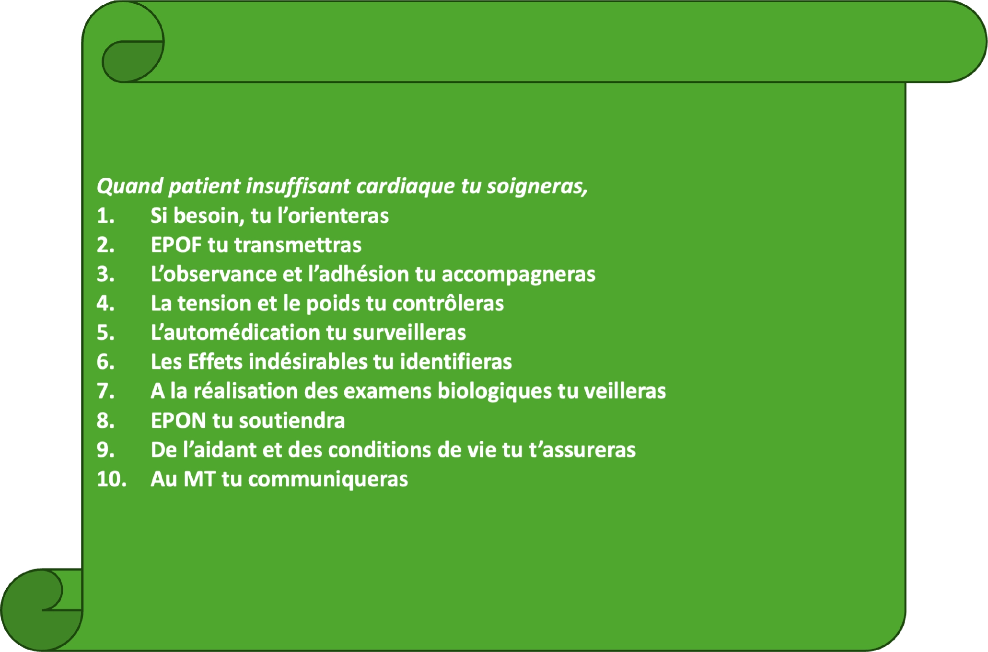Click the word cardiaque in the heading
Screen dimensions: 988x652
coord(405,186)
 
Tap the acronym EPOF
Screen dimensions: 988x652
coord(176,245)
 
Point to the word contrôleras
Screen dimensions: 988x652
coord(448,303)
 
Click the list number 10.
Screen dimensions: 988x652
coord(111,479)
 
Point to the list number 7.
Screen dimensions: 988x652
coord(105,391)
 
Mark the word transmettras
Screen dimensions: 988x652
coord(298,245)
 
